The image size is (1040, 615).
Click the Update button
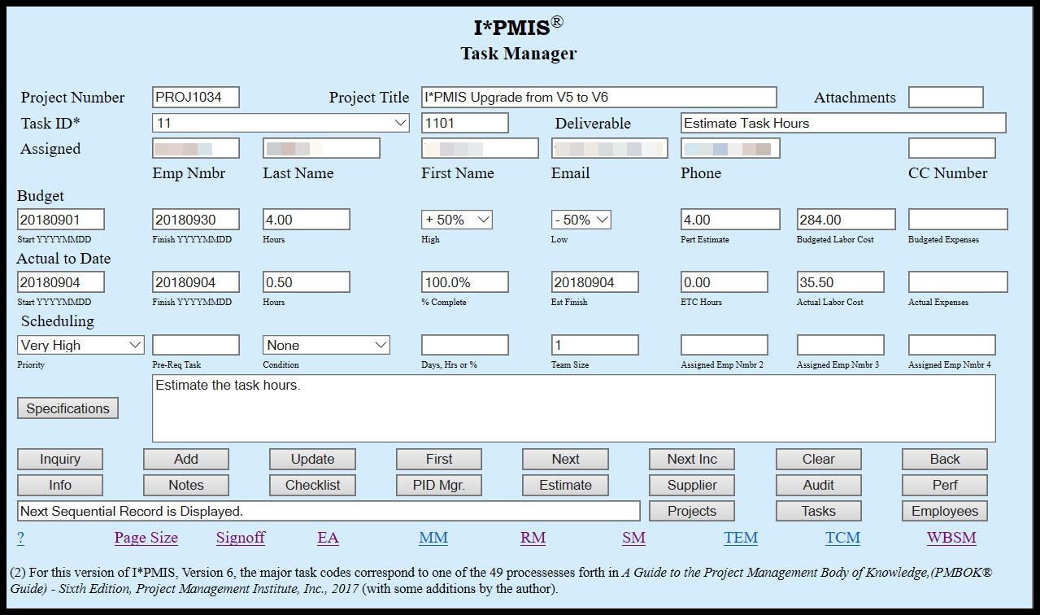pyautogui.click(x=312, y=459)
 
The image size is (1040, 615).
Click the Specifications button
pyautogui.click(x=67, y=408)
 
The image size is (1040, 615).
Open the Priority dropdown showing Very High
pyautogui.click(x=81, y=345)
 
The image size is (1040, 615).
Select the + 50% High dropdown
pyautogui.click(x=456, y=220)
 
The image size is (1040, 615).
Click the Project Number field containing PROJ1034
pyautogui.click(x=195, y=98)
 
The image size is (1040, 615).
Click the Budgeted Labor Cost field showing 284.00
pyautogui.click(x=846, y=220)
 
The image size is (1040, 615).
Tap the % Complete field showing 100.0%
pyautogui.click(x=464, y=282)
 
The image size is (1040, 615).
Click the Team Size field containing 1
pyautogui.click(x=594, y=345)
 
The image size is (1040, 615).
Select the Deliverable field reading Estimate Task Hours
pyautogui.click(x=842, y=123)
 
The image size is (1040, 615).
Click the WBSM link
pyautogui.click(x=951, y=538)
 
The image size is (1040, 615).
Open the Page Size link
pyautogui.click(x=146, y=538)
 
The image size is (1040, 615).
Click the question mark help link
pyautogui.click(x=20, y=538)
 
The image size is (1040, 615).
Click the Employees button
pyautogui.click(x=944, y=511)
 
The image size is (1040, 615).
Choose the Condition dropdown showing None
pyautogui.click(x=326, y=345)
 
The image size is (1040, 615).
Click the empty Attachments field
pyautogui.click(x=945, y=98)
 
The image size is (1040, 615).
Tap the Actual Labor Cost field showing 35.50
pyautogui.click(x=840, y=282)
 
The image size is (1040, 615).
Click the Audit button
pyautogui.click(x=818, y=485)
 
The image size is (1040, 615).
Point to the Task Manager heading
pyautogui.click(x=518, y=54)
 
